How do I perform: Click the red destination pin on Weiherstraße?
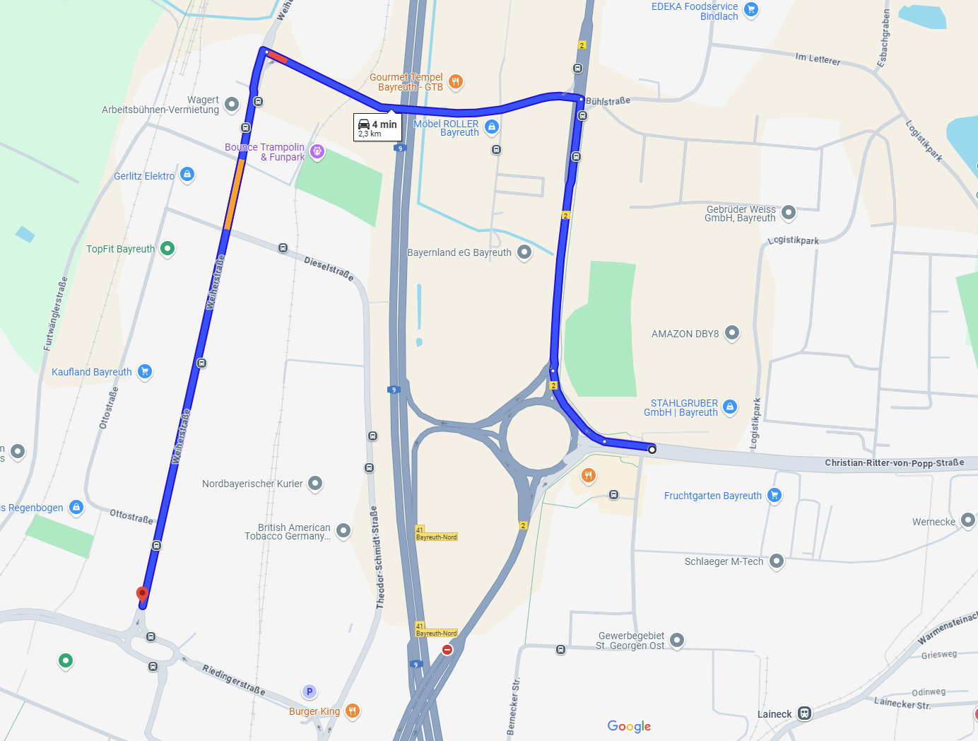(142, 594)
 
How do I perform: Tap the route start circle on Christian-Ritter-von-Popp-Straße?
(652, 449)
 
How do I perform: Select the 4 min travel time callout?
(378, 127)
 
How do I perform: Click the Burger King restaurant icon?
(352, 711)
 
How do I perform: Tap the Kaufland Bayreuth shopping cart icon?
(145, 371)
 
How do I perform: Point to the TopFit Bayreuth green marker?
(167, 248)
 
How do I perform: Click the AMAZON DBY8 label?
(685, 334)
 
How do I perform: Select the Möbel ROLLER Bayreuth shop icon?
(492, 127)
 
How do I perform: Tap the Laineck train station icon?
(804, 713)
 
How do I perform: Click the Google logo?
(629, 726)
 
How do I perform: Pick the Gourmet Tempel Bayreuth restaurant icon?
(456, 81)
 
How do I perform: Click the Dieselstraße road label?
(329, 269)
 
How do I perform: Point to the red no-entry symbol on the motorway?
(447, 649)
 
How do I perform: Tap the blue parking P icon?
(309, 692)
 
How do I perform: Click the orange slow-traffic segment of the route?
(235, 194)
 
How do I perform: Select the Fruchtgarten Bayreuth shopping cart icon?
(774, 495)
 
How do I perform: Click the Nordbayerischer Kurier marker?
(315, 483)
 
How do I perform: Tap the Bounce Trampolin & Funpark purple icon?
(317, 151)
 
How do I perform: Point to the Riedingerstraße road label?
(234, 679)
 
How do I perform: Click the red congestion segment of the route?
(278, 58)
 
